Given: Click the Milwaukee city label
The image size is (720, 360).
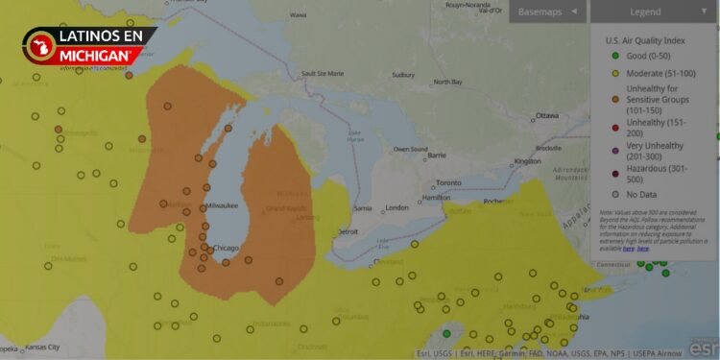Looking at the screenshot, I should point(222,205).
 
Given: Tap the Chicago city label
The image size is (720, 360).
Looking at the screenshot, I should point(226,249).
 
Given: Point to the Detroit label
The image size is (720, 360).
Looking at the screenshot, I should point(348,231).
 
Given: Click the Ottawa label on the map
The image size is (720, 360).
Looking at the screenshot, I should point(546,115).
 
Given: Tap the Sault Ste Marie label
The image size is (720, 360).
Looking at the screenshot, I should point(324,74).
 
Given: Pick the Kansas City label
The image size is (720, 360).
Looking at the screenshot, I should point(41,347).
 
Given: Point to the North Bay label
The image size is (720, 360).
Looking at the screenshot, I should point(448,82).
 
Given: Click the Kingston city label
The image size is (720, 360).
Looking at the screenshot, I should point(527,161).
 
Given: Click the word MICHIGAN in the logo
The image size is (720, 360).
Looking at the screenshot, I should point(96,56).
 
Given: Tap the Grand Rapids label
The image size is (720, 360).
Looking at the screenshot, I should point(286,207).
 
